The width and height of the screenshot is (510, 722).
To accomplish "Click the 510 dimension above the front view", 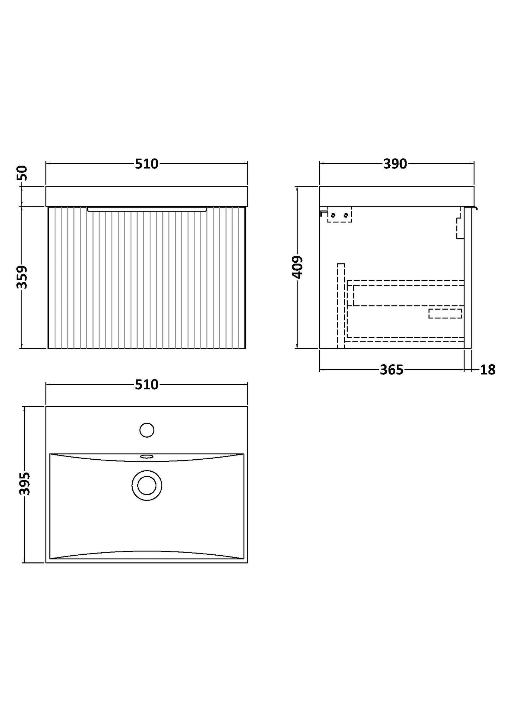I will (146, 164).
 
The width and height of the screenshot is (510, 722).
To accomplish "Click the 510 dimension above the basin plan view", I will (146, 384).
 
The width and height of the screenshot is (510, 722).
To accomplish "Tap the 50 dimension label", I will (22, 173).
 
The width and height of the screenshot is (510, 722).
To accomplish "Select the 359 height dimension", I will (22, 277).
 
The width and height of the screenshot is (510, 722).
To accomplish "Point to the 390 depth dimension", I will (395, 164).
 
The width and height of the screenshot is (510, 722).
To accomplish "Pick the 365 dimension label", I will (391, 370).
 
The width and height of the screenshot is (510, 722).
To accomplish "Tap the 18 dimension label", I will (488, 370).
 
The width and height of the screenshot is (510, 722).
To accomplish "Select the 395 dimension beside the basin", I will (24, 484).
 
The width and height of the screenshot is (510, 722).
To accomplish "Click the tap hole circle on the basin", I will (147, 430).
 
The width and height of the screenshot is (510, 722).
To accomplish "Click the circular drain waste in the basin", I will (147, 485).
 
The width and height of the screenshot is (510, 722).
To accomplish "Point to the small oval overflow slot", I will (147, 457).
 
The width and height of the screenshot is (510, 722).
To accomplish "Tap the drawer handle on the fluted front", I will (146, 209).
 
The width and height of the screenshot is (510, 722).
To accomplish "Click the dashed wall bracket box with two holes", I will (340, 215).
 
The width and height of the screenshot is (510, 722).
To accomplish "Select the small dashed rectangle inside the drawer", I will (445, 314).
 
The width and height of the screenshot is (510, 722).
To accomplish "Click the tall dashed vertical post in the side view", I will (341, 305).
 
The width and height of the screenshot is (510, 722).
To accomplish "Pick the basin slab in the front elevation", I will (146, 196).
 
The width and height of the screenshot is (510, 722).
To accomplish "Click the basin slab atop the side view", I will (396, 196).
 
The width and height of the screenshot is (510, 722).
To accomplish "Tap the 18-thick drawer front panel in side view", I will (468, 277).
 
